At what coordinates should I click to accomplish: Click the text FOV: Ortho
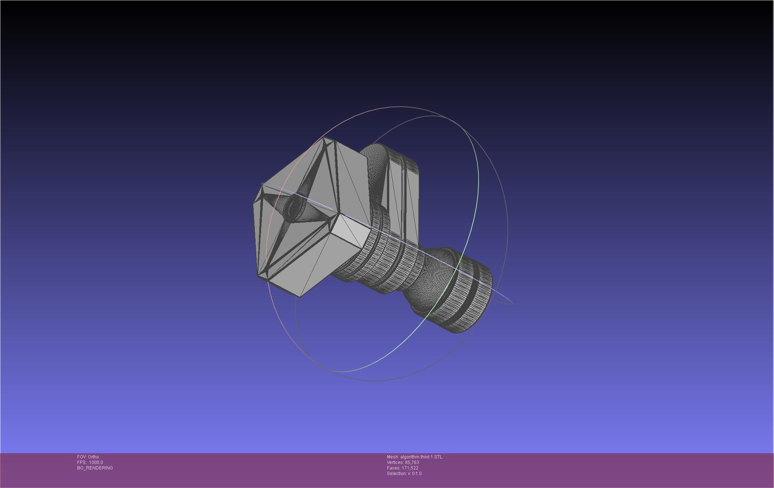[x=88, y=457]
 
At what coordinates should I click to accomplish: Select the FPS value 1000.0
[x=96, y=462]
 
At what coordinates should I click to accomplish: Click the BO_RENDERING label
[x=95, y=468]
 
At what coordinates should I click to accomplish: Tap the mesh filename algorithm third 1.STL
[x=421, y=457]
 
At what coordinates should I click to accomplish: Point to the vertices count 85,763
[x=412, y=462]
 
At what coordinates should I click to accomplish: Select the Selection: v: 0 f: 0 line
[x=404, y=473]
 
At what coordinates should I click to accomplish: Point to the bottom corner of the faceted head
[x=300, y=295]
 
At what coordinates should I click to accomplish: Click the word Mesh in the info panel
[x=392, y=457]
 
